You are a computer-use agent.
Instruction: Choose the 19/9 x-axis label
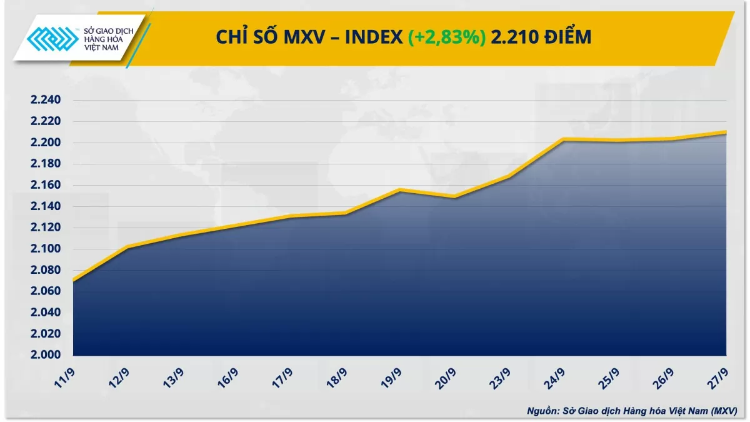(x=391, y=378)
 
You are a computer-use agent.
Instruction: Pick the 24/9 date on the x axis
(x=554, y=378)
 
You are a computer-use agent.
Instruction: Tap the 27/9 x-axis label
(x=717, y=378)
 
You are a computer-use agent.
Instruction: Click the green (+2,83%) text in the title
(x=447, y=38)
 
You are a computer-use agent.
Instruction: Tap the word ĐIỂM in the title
(x=568, y=38)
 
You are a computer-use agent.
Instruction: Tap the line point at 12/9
(x=127, y=247)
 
